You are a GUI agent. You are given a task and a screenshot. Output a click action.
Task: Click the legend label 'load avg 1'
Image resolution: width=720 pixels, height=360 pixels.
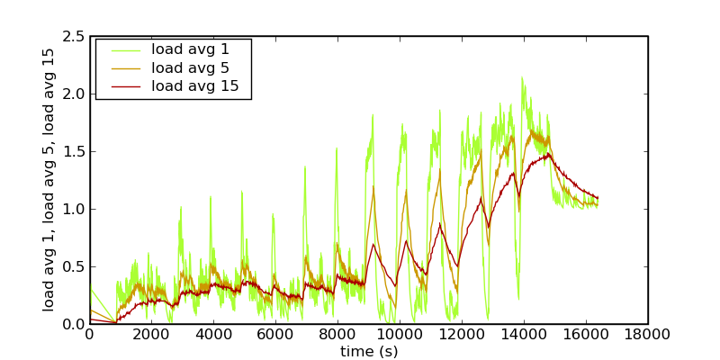[190, 49]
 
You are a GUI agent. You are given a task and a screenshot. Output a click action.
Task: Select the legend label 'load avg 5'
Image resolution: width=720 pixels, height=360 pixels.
[190, 67]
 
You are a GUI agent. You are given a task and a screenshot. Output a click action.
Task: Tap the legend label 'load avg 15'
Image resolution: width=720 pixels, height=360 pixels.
[194, 86]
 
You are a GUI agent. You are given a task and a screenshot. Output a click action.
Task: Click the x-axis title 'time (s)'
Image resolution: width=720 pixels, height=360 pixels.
[368, 351]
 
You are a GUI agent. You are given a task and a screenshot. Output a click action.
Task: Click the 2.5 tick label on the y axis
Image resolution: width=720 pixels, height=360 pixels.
[74, 36]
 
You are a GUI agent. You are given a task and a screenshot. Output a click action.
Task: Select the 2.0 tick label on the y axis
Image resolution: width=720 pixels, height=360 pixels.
[74, 94]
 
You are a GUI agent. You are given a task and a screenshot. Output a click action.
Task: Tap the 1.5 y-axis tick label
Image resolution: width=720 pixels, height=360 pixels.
[74, 151]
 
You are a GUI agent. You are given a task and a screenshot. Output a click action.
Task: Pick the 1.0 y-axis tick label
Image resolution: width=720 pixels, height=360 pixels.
[74, 209]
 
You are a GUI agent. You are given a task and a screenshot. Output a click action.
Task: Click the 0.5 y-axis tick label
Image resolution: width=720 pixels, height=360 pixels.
[74, 266]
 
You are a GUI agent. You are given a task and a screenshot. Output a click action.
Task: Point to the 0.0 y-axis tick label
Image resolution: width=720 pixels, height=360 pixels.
[74, 324]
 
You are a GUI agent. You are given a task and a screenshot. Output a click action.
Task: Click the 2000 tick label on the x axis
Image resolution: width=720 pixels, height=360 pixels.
[151, 335]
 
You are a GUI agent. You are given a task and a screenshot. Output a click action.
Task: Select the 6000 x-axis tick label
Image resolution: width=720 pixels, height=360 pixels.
[275, 335]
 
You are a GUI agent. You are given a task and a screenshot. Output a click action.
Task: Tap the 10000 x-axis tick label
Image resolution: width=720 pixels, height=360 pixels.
[400, 335]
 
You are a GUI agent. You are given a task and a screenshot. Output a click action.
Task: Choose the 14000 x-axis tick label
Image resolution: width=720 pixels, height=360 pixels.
[524, 335]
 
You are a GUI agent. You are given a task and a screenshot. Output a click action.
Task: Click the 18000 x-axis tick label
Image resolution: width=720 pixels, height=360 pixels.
[647, 335]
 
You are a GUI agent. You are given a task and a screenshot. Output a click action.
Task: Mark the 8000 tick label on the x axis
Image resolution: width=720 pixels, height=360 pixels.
[337, 335]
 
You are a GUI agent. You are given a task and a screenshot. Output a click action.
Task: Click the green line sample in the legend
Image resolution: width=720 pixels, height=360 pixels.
[123, 49]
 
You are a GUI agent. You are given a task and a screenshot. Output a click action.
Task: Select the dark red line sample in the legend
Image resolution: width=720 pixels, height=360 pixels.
[123, 86]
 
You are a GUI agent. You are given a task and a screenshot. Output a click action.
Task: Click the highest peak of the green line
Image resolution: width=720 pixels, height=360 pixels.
[522, 77]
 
